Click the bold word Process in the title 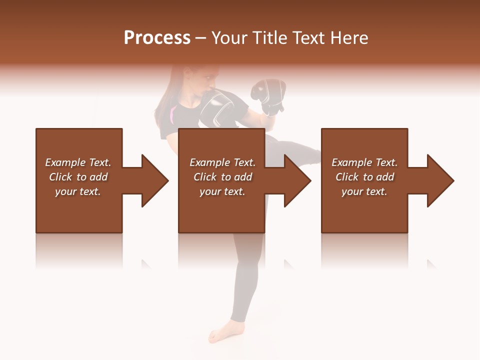click(x=157, y=37)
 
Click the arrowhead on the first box click(x=152, y=180)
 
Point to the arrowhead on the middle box click(x=295, y=180)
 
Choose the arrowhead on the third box click(x=438, y=180)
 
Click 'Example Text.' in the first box click(x=78, y=162)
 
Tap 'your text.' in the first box click(x=78, y=191)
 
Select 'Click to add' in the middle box click(x=222, y=177)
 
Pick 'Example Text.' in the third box click(x=364, y=162)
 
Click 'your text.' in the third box click(x=364, y=191)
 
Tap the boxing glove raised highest click(x=269, y=95)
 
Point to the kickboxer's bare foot click(x=220, y=334)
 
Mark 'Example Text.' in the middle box click(x=222, y=162)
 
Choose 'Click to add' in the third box click(x=364, y=177)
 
